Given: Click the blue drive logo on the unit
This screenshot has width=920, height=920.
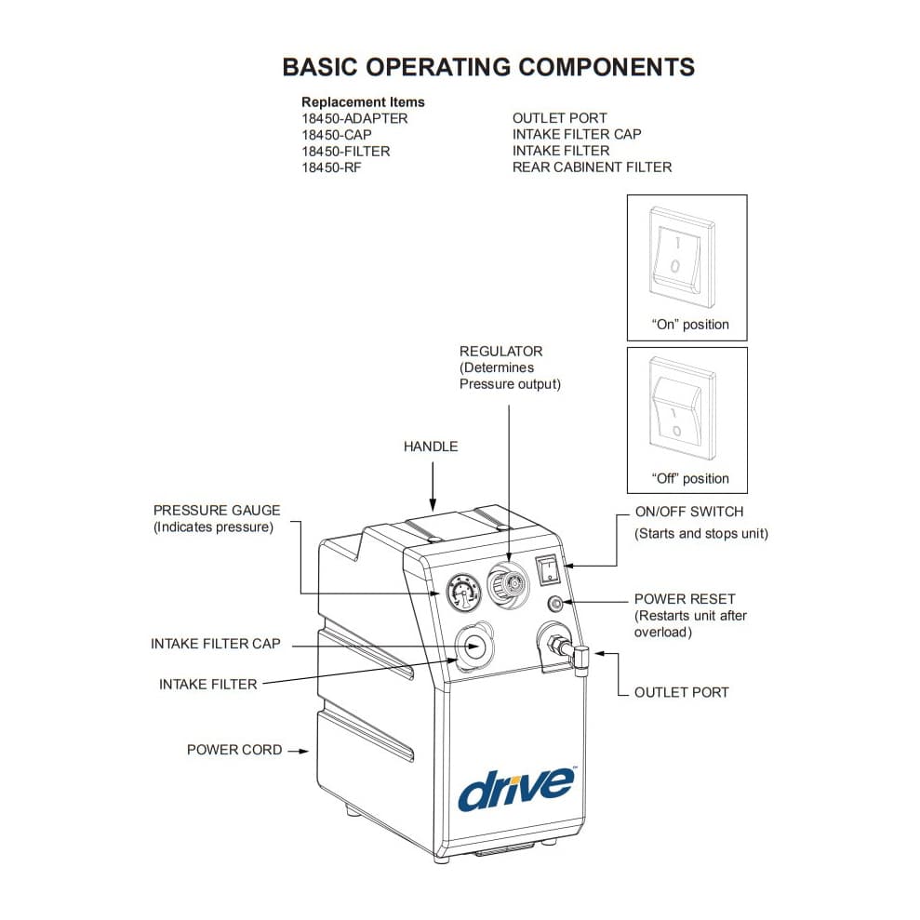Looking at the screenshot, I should click(x=514, y=787).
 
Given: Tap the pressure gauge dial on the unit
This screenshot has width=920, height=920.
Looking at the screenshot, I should click(x=460, y=591).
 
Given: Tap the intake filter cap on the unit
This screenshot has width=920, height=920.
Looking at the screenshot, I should click(x=473, y=645).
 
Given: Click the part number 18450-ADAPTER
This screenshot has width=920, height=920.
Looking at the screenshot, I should click(x=354, y=118).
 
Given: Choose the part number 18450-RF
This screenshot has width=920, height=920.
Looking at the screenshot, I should click(x=332, y=167).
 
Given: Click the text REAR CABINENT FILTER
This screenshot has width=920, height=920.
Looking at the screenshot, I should click(x=592, y=167).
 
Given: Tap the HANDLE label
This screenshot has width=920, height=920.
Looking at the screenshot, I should click(x=431, y=447).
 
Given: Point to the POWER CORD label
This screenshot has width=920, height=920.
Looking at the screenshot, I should click(x=234, y=750).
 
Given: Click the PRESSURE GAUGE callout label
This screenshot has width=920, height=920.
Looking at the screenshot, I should click(x=217, y=511).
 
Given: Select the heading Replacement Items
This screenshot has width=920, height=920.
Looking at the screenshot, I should click(x=363, y=101).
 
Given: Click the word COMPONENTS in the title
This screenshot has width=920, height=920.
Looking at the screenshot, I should click(x=606, y=68).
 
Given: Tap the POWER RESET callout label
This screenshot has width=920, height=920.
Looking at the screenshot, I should click(x=685, y=599).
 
